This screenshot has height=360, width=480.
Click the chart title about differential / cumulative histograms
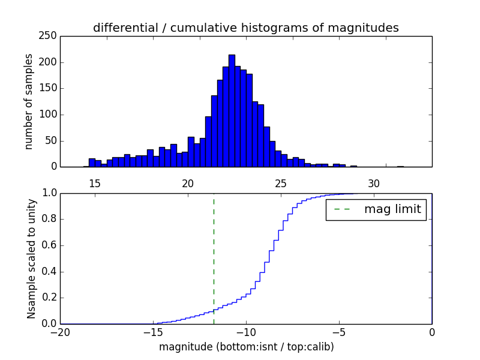(x=245, y=28)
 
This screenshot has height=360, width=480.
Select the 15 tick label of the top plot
(x=94, y=183)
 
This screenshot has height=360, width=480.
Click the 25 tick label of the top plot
(x=281, y=183)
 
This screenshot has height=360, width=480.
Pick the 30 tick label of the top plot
(x=374, y=183)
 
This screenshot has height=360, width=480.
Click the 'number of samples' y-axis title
(x=29, y=101)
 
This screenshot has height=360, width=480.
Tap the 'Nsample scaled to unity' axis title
(x=31, y=259)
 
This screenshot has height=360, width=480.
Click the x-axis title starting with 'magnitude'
(x=246, y=347)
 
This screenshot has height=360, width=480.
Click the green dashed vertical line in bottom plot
(x=214, y=258)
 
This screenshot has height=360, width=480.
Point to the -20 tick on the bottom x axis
(x=60, y=332)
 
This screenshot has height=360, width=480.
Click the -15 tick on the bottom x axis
(x=152, y=332)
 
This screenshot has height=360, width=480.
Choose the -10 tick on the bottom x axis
(x=245, y=332)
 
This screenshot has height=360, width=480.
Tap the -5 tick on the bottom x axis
(x=338, y=332)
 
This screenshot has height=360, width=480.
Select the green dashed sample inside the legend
(x=342, y=209)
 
